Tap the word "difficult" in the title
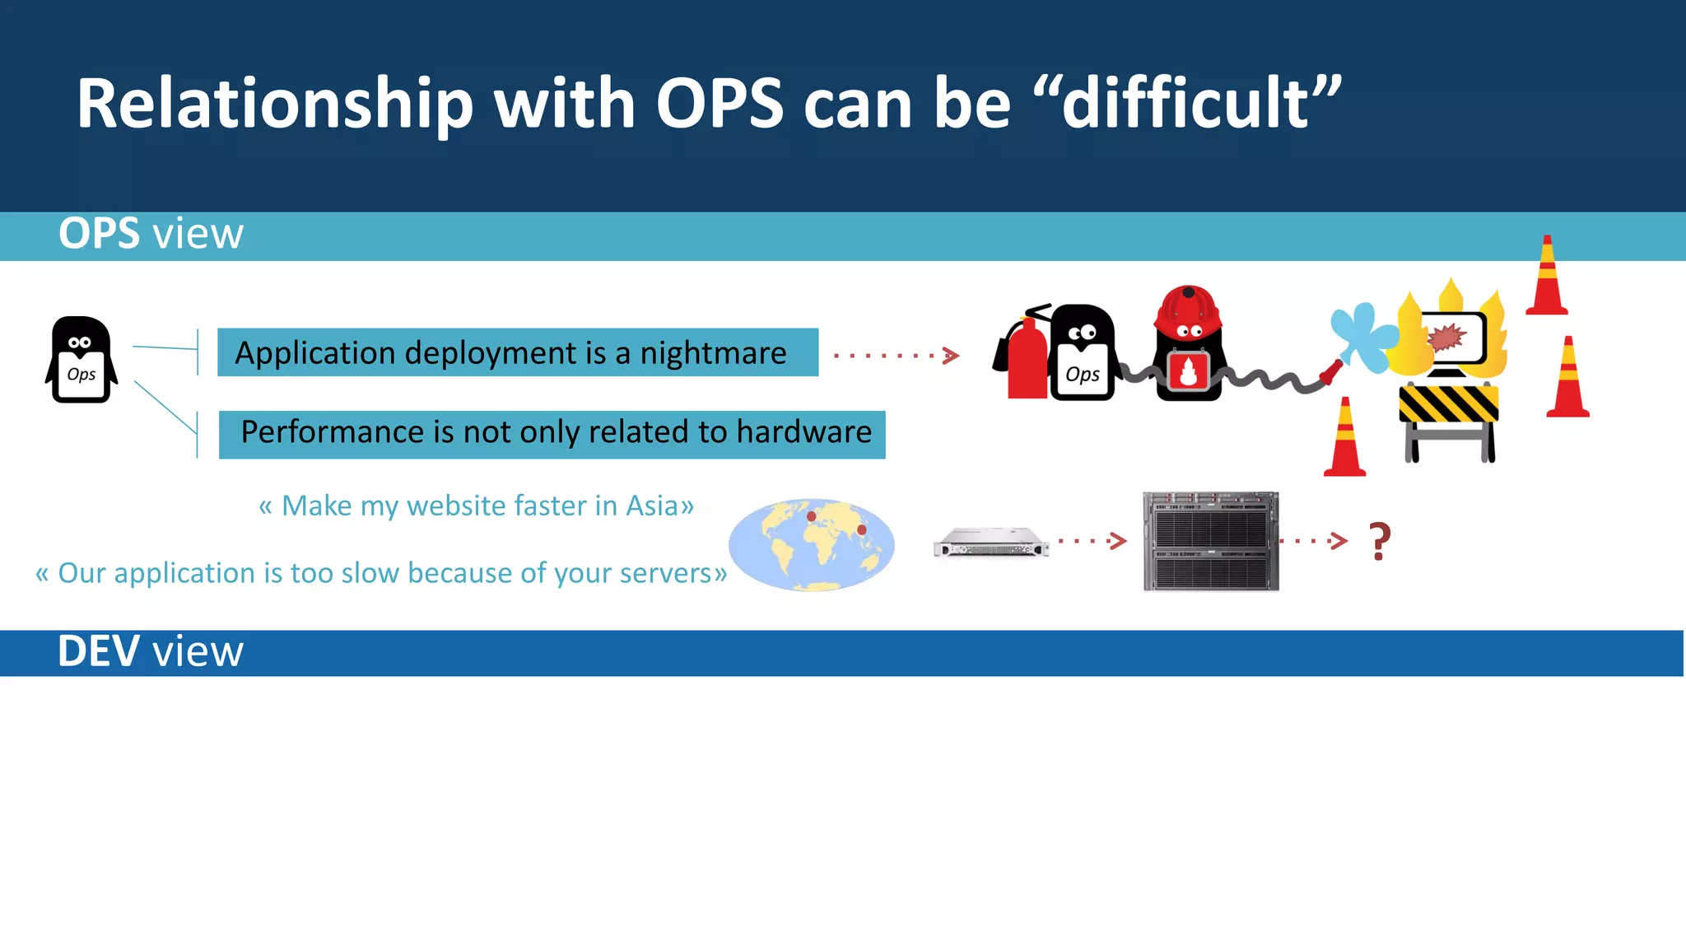click(1185, 104)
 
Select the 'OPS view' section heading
click(151, 234)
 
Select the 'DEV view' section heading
click(151, 651)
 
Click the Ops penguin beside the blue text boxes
click(81, 361)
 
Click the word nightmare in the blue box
click(713, 353)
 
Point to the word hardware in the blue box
click(803, 432)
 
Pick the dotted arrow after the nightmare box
click(896, 356)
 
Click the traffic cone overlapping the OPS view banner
click(1547, 276)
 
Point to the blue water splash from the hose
click(1362, 336)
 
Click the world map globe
click(812, 544)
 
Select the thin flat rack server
click(991, 543)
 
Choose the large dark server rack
click(1211, 541)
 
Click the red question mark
click(1380, 541)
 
